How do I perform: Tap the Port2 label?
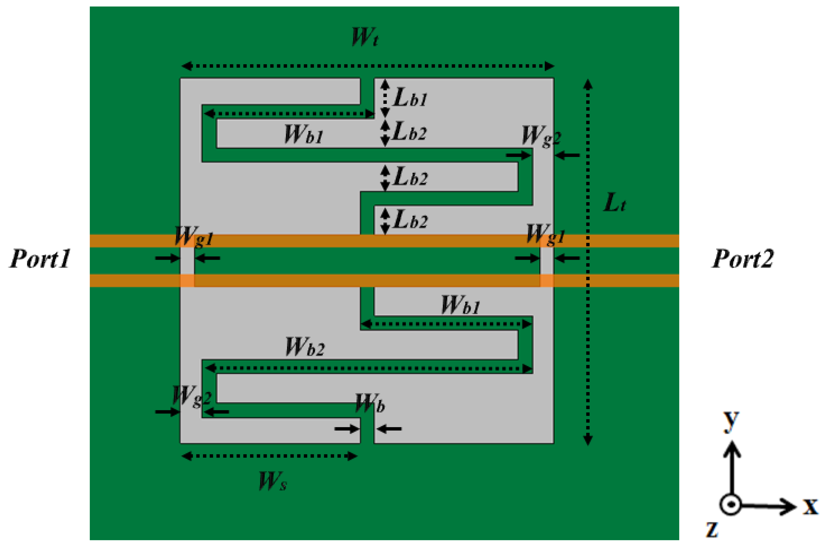point(742,259)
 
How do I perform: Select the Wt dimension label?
point(365,37)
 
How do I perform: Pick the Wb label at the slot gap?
point(370,404)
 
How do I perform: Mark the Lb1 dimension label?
point(410,97)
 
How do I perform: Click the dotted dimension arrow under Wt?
point(368,66)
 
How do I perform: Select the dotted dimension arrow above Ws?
point(269,456)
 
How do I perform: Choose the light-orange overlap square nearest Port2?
point(546,281)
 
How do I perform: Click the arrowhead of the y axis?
point(732,449)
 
